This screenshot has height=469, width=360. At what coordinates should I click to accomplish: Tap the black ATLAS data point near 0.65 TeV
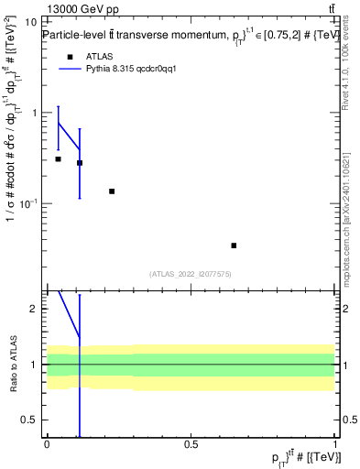point(234,245)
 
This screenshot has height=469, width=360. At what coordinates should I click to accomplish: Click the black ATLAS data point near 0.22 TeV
point(112,191)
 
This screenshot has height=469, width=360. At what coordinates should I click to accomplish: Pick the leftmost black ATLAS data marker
point(58,159)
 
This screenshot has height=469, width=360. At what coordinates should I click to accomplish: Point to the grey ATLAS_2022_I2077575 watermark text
point(191,274)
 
